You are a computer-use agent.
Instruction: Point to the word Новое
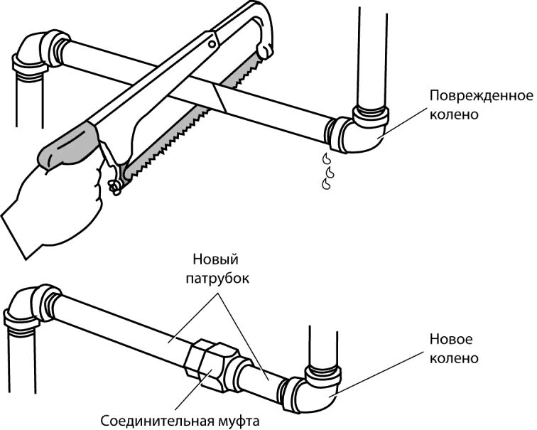pos(451,340)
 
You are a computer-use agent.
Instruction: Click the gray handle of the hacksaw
pos(67,146)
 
